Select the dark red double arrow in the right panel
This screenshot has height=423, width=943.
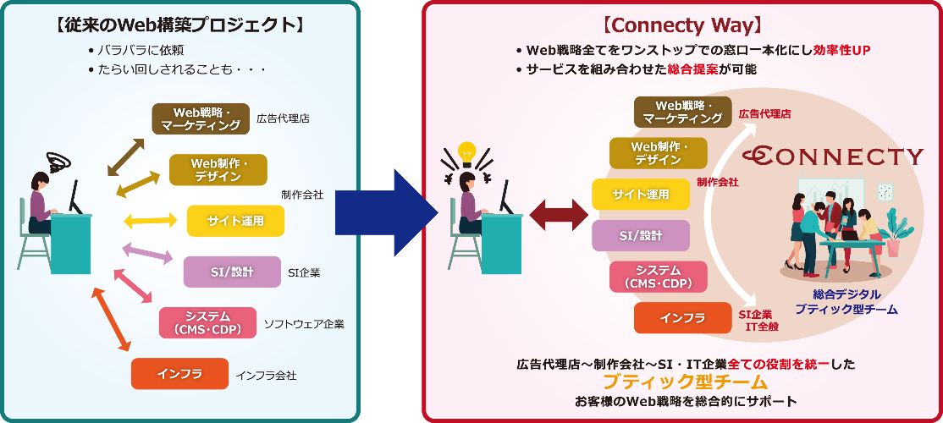(559, 214)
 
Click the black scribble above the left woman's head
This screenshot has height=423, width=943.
(59, 160)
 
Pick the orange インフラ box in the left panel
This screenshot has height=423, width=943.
(179, 373)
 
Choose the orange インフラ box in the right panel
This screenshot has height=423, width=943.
(682, 318)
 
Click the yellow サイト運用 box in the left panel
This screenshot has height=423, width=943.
(235, 221)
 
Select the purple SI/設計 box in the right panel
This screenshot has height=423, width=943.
(640, 235)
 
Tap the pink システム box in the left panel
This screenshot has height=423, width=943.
(207, 322)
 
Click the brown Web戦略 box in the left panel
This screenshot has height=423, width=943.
(201, 118)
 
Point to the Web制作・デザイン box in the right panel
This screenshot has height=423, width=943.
(658, 153)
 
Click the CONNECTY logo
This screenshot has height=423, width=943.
(833, 157)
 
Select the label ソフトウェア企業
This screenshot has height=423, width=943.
(304, 323)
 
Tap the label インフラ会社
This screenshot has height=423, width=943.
(266, 375)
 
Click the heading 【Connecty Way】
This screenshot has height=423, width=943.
(682, 26)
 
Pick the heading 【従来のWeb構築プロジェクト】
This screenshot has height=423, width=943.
(179, 25)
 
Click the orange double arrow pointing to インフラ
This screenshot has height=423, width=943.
(111, 318)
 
